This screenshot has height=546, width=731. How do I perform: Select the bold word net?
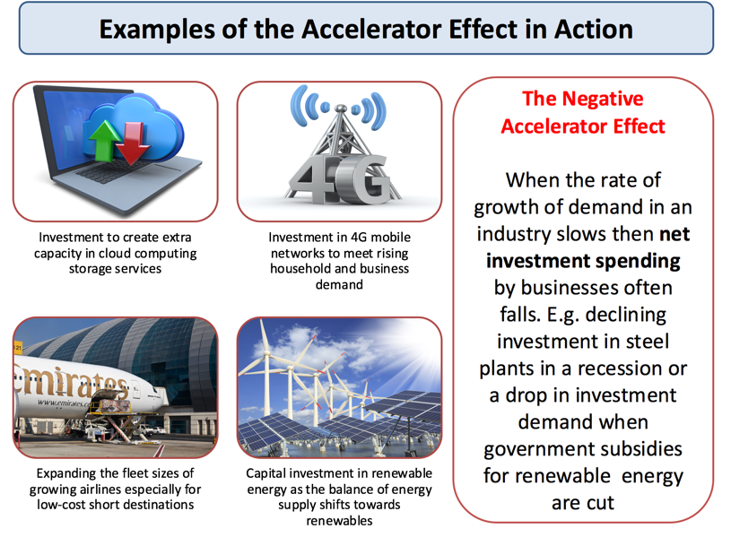pyautogui.click(x=674, y=234)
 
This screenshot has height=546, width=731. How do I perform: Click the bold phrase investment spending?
pyautogui.click(x=583, y=261)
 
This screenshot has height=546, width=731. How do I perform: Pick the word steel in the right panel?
pyautogui.click(x=647, y=342)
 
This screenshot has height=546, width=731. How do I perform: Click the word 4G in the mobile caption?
pyautogui.click(x=359, y=238)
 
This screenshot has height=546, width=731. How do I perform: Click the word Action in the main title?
pyautogui.click(x=594, y=29)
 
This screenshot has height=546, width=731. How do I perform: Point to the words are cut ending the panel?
pyautogui.click(x=583, y=503)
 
